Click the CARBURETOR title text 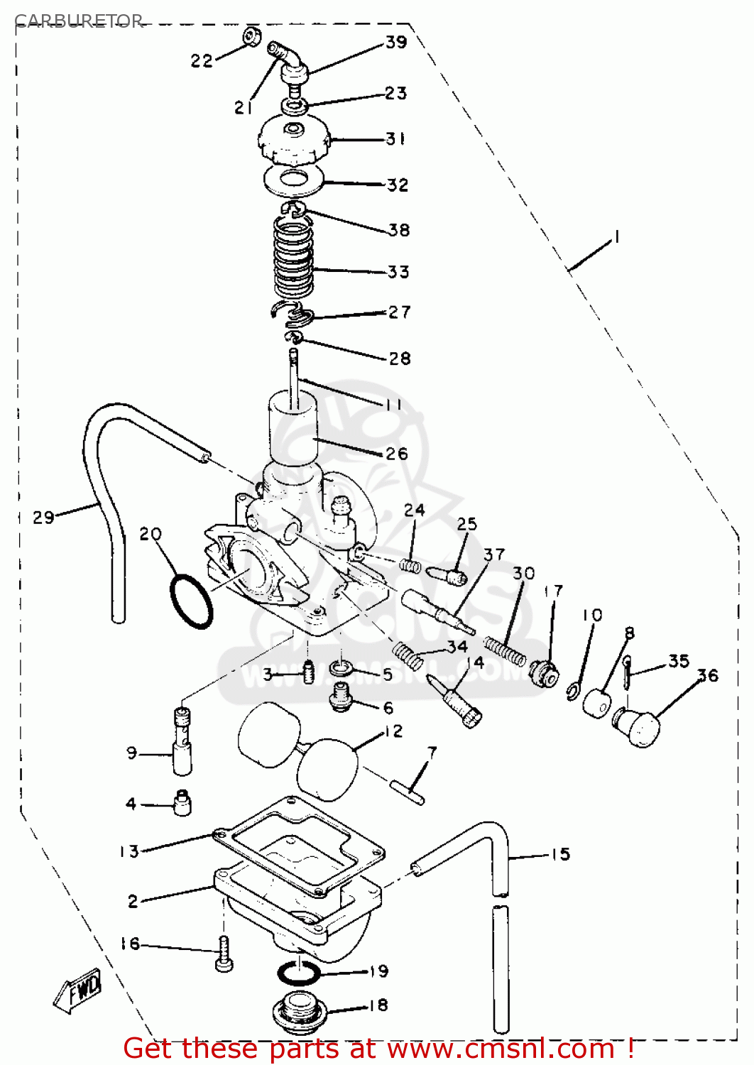78,21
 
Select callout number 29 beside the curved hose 43,517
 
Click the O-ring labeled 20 191,601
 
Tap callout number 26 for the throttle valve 397,454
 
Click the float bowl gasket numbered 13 298,845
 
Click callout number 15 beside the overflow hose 561,854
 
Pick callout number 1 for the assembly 616,236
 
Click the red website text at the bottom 378,1049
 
